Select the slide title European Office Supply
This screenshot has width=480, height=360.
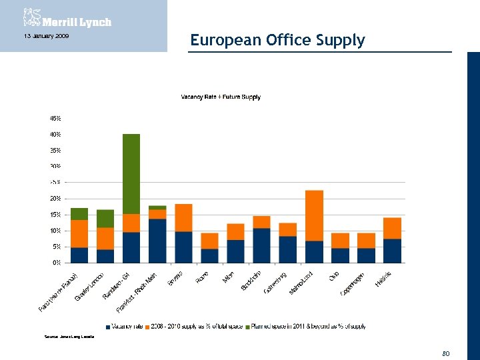tap(277, 40)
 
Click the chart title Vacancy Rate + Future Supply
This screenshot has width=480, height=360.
tap(221, 97)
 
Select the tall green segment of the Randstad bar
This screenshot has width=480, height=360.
tap(131, 173)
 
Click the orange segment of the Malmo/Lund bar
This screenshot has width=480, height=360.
tap(314, 215)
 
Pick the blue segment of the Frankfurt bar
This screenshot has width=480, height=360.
tap(157, 241)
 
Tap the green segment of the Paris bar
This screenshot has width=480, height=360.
tap(79, 213)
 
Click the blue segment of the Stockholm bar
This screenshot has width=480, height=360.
tap(261, 245)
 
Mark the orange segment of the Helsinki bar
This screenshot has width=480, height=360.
tap(392, 228)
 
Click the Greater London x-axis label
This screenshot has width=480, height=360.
tap(90, 287)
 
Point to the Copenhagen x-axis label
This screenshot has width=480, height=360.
tap(351, 285)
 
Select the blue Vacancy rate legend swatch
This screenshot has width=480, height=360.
tap(108, 327)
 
